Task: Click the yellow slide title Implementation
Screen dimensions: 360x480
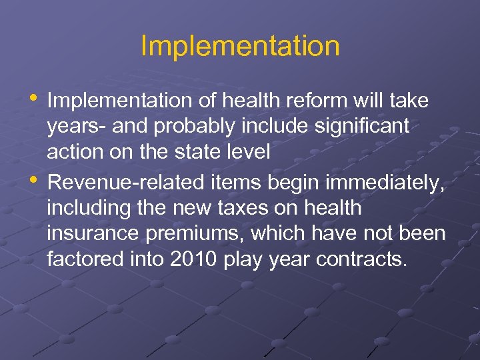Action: pyautogui.click(x=240, y=47)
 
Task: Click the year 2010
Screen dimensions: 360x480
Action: pyautogui.click(x=193, y=259)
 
